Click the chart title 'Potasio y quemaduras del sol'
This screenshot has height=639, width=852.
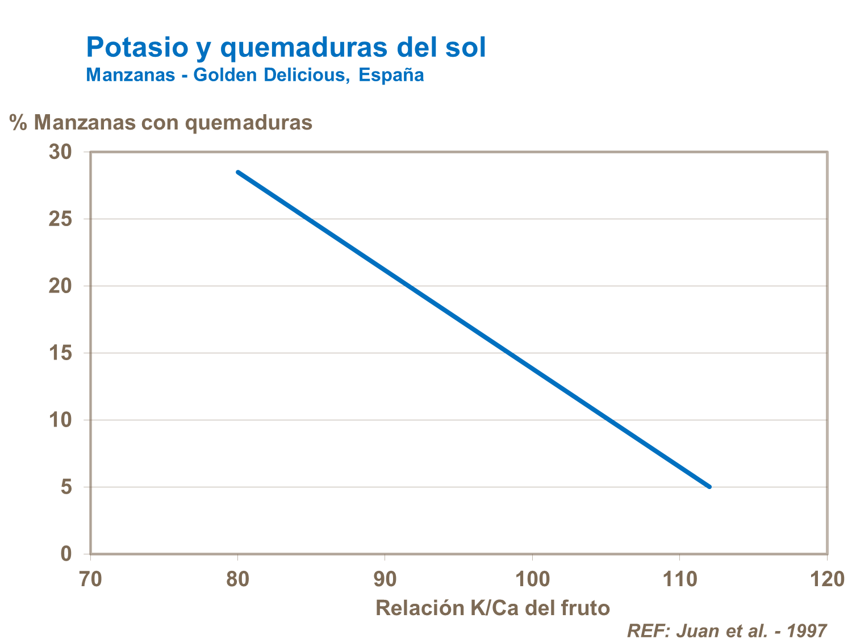tap(286, 48)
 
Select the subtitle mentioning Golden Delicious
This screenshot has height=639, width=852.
tap(255, 75)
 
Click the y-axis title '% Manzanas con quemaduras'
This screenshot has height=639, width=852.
tap(161, 122)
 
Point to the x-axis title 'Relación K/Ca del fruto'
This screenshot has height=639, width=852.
tap(492, 608)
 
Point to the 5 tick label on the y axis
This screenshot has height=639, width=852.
tap(66, 487)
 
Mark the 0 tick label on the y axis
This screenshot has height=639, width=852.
tap(66, 554)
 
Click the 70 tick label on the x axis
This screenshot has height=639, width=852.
tap(90, 579)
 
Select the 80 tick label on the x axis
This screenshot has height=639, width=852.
tap(237, 579)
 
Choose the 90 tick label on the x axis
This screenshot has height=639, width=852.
tap(385, 579)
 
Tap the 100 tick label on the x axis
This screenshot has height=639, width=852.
tap(532, 579)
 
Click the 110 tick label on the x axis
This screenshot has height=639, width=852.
tap(680, 579)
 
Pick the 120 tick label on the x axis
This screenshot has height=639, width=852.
tap(827, 579)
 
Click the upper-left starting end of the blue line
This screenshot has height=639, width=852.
tap(238, 172)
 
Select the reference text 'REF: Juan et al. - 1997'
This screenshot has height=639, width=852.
tap(726, 630)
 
